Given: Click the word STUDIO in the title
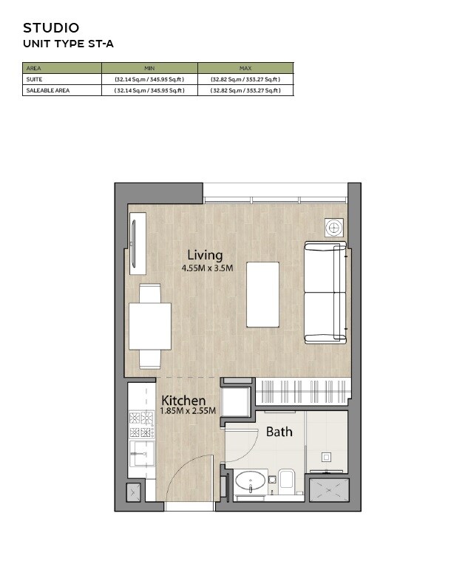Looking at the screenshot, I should (x=51, y=28).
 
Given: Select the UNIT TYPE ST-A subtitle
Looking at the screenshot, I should (x=68, y=44).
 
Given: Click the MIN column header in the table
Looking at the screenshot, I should (x=149, y=68).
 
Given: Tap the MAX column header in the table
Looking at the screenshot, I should (x=245, y=68).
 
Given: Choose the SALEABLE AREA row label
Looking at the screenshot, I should (x=47, y=90).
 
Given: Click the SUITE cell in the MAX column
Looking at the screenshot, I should (x=245, y=79).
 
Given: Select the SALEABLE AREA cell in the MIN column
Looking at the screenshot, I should (x=149, y=90).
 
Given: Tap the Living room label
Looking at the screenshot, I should (x=205, y=255).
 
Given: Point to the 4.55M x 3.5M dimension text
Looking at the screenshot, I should (x=207, y=268).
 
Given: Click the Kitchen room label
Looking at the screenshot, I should (x=183, y=400).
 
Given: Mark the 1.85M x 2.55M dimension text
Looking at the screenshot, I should (x=189, y=411).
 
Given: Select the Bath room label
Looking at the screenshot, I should (x=279, y=432).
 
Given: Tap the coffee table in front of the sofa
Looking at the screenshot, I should (x=262, y=294).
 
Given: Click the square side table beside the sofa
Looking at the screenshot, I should (x=334, y=228).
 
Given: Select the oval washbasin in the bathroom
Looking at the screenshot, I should (x=251, y=483).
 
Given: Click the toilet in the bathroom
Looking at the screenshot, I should (x=287, y=480).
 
